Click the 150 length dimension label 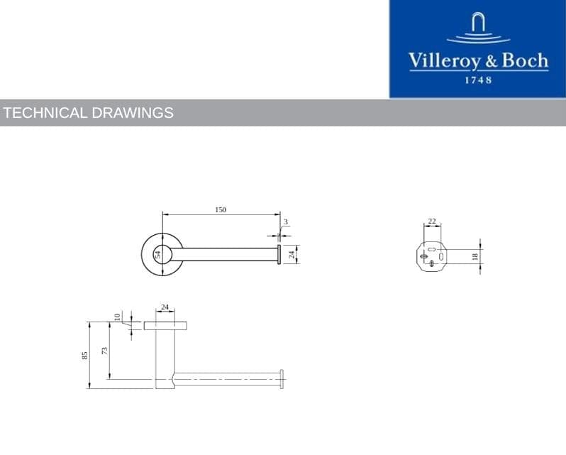[x=221, y=209]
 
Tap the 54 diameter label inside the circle [x=159, y=253]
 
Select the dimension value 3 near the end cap [x=285, y=222]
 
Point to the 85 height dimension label [x=84, y=355]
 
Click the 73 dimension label [x=105, y=352]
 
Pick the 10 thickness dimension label [x=118, y=317]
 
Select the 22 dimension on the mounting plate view [x=432, y=221]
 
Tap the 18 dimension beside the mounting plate [x=475, y=257]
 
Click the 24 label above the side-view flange [x=165, y=307]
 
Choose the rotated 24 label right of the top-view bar [x=291, y=253]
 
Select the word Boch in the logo [x=525, y=61]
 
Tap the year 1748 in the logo [x=478, y=80]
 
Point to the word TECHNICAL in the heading [x=46, y=113]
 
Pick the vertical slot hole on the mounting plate [x=441, y=256]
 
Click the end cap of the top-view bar [x=279, y=253]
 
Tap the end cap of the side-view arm [x=282, y=378]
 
